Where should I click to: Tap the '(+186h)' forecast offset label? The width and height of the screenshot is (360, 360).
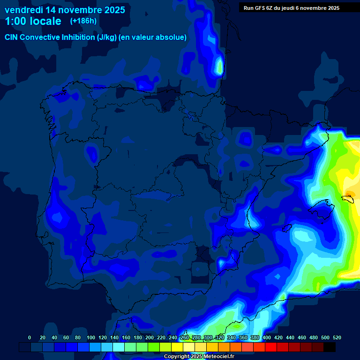click(83, 21)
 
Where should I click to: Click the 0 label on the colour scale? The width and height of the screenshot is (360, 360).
click(30, 337)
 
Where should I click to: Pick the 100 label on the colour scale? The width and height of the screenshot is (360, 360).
click(90, 337)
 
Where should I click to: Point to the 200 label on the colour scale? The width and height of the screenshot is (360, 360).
click(150, 337)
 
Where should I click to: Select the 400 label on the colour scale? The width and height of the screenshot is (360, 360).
click(267, 337)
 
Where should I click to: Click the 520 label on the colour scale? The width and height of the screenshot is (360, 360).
click(337, 337)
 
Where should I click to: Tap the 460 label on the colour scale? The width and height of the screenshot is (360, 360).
click(302, 337)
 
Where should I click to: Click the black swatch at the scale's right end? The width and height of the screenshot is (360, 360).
click(330, 347)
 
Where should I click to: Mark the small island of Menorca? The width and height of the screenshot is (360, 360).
click(349, 198)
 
